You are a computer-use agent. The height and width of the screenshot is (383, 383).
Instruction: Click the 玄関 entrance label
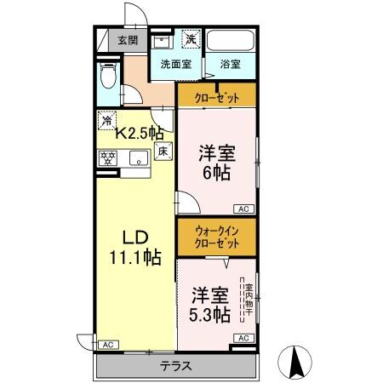[128, 39]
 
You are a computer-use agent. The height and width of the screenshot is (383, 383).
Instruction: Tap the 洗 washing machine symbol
[192, 39]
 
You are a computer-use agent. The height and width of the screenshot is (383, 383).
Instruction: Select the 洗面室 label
[175, 63]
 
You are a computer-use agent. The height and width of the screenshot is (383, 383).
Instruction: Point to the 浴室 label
[231, 63]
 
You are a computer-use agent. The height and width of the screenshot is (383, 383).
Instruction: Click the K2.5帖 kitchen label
[140, 132]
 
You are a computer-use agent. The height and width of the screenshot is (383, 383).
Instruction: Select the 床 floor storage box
[164, 151]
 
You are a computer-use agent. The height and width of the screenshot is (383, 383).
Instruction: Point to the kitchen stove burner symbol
[107, 157]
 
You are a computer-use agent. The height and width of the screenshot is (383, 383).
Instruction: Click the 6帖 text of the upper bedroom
[217, 171]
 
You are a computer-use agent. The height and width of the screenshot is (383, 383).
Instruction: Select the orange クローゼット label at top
[216, 95]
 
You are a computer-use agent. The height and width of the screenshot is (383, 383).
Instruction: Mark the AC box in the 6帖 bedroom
[243, 209]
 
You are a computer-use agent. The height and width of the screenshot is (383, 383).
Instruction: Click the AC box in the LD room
[108, 345]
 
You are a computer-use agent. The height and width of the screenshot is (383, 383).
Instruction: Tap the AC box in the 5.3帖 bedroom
[243, 338]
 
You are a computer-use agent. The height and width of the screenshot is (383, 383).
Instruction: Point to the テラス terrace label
[174, 367]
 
